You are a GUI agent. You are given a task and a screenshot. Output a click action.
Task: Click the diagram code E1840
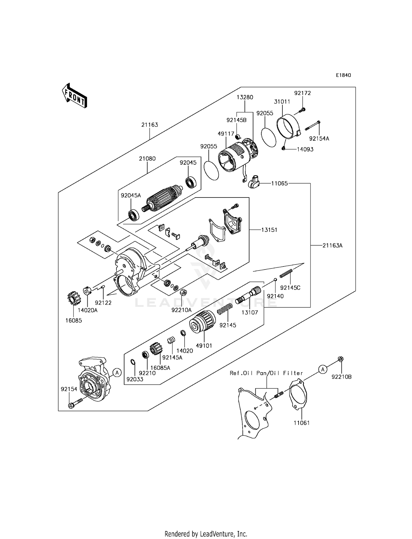tap(343, 75)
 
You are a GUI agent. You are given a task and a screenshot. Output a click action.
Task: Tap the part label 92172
tap(302, 93)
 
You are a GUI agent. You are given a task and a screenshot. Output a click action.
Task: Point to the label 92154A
tap(319, 139)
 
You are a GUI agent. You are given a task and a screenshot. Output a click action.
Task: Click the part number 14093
tap(305, 149)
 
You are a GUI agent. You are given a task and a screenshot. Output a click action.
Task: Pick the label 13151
tap(269, 230)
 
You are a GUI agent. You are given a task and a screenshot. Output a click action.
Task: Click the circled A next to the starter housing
tap(117, 373)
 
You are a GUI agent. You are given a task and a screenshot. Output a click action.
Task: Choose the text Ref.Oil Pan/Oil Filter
tap(266, 373)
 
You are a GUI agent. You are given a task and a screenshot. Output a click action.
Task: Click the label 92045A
tap(131, 195)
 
